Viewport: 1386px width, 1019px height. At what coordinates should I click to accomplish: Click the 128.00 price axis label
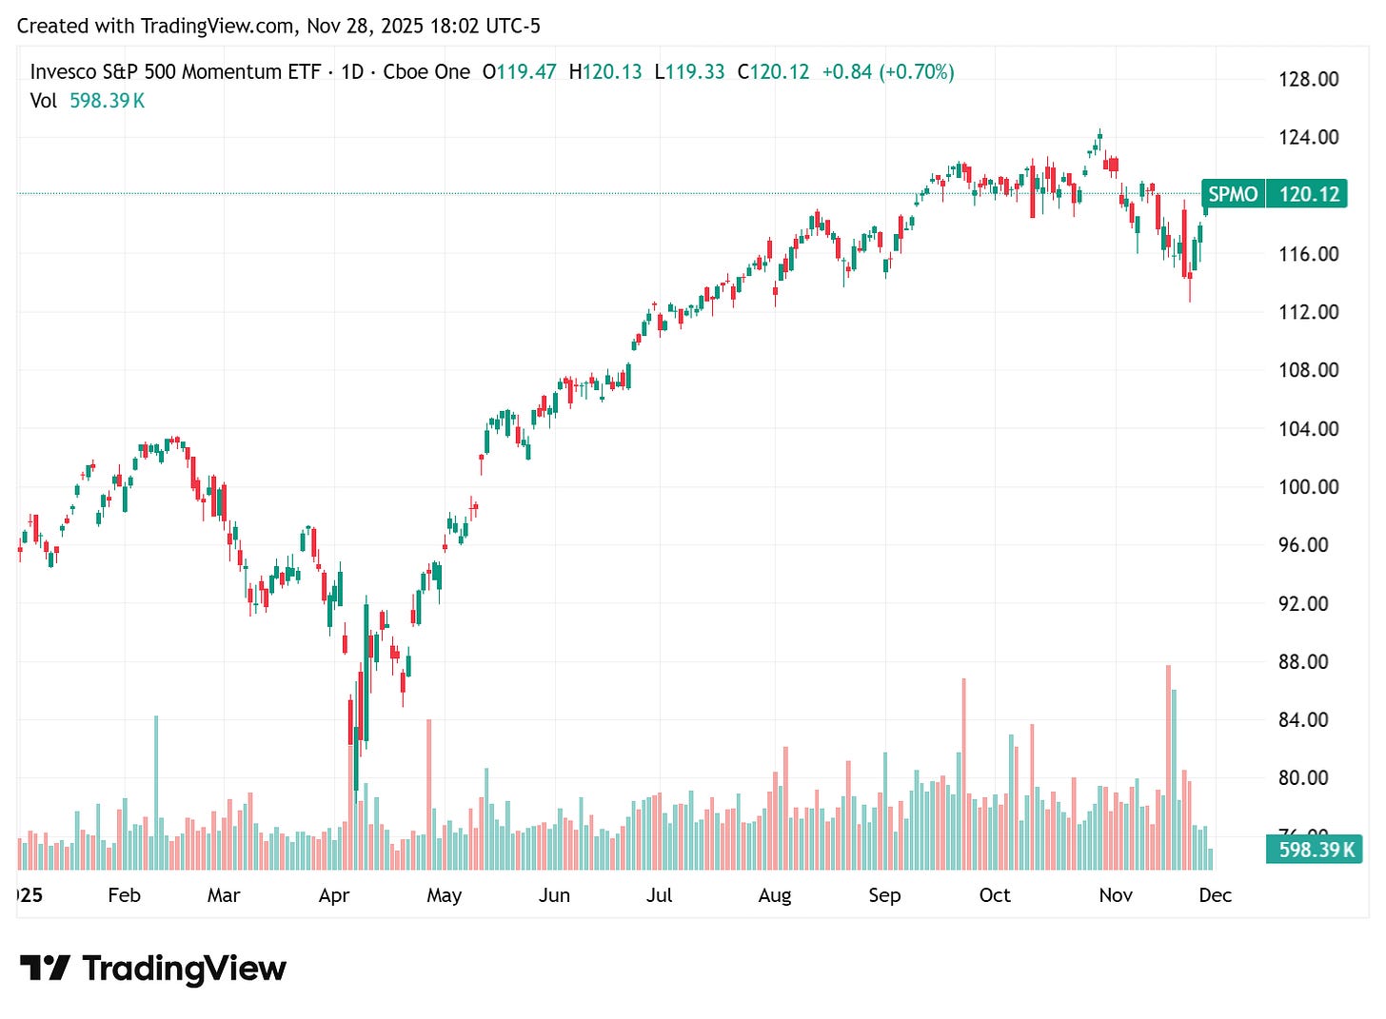tap(1308, 79)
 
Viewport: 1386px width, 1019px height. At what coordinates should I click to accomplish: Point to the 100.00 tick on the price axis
tap(1308, 487)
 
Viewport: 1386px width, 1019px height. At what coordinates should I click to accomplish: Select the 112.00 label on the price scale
tap(1308, 312)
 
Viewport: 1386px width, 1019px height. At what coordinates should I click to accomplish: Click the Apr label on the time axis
tap(334, 895)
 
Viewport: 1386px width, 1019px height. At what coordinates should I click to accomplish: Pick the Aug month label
tap(775, 895)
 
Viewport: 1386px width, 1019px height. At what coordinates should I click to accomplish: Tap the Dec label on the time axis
tap(1215, 895)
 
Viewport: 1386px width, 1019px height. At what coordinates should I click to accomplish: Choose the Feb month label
tap(124, 895)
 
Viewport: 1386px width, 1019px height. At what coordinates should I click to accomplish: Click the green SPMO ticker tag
tap(1233, 194)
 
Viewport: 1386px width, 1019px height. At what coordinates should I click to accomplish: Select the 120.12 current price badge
tap(1309, 194)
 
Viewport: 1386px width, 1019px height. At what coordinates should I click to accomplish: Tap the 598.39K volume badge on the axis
tap(1316, 850)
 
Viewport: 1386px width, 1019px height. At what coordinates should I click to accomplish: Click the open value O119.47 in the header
tap(519, 72)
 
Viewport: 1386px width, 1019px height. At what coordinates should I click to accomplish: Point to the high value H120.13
tap(605, 72)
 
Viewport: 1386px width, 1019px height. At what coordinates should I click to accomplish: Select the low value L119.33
tap(689, 72)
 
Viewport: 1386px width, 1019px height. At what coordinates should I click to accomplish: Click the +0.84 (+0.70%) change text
tap(888, 72)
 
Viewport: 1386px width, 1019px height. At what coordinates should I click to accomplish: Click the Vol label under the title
tap(44, 101)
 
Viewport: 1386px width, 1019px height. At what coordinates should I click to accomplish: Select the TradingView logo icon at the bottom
tap(45, 969)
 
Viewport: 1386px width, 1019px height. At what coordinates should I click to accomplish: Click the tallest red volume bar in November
tap(1168, 767)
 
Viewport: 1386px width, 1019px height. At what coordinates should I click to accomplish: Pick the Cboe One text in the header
tap(426, 72)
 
